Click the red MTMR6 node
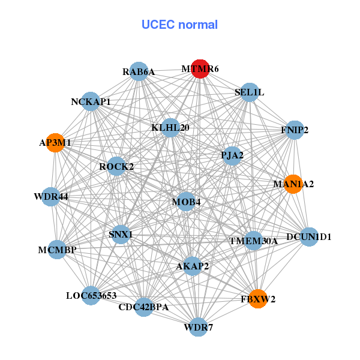200,69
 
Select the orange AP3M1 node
55,143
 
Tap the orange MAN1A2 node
293,184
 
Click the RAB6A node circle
139,72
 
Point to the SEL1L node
249,92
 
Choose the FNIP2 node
294,130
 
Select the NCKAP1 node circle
91,101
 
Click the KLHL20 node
170,127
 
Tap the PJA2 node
232,156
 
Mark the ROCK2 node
116,166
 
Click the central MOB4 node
186,202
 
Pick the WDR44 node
50,197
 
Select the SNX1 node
121,234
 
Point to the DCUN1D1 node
308,237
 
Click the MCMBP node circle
57,250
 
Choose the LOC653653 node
91,295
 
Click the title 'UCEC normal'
179,25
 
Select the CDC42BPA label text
143,308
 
